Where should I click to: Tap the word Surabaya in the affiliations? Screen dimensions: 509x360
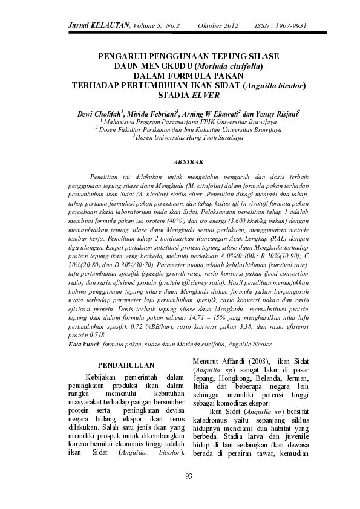click(x=227, y=137)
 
